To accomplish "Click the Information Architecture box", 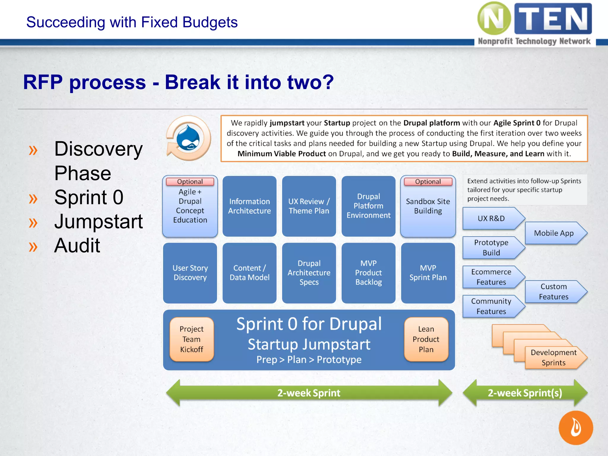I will (x=249, y=206).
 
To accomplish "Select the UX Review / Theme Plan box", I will (x=309, y=206).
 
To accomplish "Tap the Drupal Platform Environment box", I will (x=368, y=206).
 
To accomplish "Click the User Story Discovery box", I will (x=190, y=273).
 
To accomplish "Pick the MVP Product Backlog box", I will (x=368, y=273).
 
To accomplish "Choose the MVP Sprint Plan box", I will (x=428, y=273).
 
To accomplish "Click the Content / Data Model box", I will (x=249, y=273).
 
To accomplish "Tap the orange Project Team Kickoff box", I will (x=191, y=339).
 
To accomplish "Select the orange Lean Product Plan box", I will (x=426, y=339).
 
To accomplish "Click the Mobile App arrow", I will (x=554, y=233).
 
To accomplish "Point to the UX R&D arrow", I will (x=491, y=218).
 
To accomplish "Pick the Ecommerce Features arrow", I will (x=491, y=277).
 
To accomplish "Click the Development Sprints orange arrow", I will (x=554, y=357).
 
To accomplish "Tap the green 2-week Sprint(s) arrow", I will (x=525, y=393).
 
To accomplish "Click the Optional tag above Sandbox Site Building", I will (x=428, y=182).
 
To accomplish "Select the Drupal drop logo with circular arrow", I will (x=189, y=139).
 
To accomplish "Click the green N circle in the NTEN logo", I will (x=494, y=18).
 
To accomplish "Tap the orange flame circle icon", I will (x=576, y=428).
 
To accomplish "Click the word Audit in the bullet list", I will (x=77, y=246).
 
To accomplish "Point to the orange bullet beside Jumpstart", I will (x=33, y=223).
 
